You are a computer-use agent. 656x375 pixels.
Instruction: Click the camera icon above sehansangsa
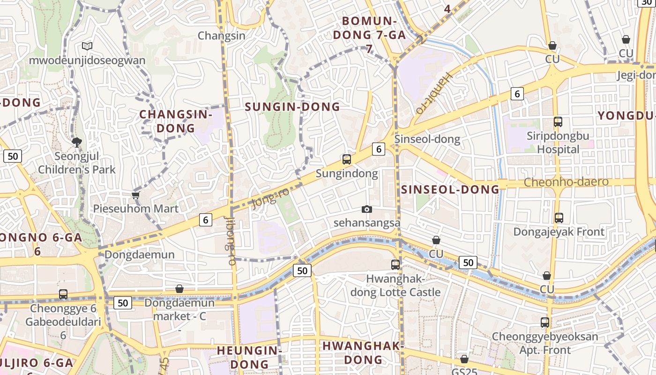click(367, 209)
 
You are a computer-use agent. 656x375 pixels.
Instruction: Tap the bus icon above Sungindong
click(347, 159)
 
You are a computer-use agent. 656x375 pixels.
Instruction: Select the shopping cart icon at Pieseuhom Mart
click(136, 195)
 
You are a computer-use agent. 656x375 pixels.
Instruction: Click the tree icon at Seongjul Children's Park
click(76, 142)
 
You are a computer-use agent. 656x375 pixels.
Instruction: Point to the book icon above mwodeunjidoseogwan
click(87, 46)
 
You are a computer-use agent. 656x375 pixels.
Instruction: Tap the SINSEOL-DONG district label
click(450, 189)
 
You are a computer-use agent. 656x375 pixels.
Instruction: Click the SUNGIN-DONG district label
click(292, 107)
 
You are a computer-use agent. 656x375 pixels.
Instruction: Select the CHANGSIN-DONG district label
click(176, 121)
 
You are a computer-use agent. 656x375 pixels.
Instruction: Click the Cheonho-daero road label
click(566, 182)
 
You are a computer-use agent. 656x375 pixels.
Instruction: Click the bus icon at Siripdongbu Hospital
click(558, 122)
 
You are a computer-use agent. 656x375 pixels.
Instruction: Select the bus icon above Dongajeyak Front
click(559, 218)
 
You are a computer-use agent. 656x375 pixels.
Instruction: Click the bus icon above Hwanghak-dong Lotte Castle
click(395, 265)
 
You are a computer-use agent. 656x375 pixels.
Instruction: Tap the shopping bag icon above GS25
click(464, 359)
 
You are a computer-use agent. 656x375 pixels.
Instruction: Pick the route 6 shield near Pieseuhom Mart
click(205, 219)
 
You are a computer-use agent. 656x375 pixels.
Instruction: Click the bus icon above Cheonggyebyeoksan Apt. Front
click(544, 322)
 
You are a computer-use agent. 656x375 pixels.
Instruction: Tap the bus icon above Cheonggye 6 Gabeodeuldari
click(63, 294)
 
